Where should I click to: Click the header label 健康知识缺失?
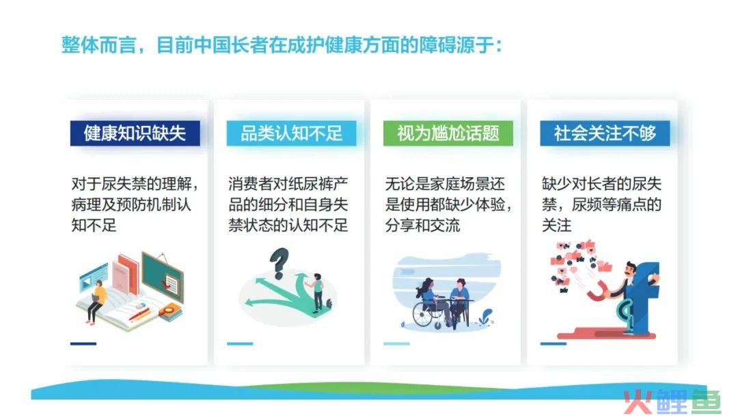[135, 133]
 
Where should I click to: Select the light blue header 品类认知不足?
[291, 133]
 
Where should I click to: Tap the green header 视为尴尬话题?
[448, 133]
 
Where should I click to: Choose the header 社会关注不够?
[605, 133]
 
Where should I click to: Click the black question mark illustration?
[279, 263]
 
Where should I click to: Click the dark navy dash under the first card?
[83, 343]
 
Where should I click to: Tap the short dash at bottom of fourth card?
[553, 343]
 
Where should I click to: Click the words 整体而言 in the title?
[99, 46]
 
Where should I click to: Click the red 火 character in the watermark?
[638, 402]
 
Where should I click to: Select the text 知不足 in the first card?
[94, 225]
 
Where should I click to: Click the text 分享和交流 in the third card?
[423, 225]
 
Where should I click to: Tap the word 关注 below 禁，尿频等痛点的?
[557, 225]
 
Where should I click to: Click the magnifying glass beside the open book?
[169, 311]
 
